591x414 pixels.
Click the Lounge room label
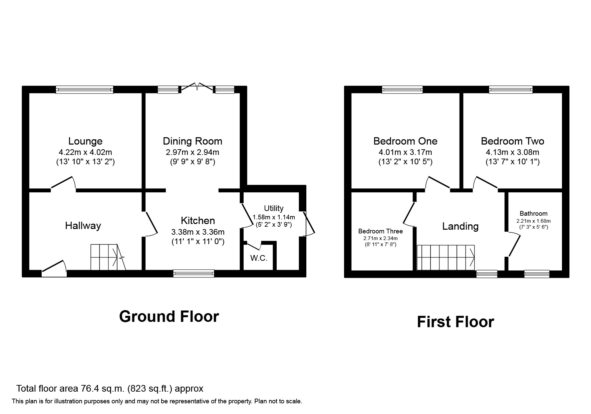point(85,141)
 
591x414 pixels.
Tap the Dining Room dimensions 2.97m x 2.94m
point(192,152)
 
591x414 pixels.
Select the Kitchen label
point(198,220)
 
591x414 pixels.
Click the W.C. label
point(259,258)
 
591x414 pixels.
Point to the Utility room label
point(274,208)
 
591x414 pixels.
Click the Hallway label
point(83,226)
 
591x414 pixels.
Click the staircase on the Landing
point(446,257)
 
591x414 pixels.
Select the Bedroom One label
point(405,141)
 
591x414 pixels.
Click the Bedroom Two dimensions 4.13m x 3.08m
point(512,152)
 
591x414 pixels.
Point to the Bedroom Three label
point(380,231)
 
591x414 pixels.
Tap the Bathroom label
point(533,213)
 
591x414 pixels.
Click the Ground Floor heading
point(169,316)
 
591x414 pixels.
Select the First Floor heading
point(455,322)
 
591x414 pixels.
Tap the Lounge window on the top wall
point(84,89)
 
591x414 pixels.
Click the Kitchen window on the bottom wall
point(194,273)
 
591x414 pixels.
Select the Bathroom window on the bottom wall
point(537,274)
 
